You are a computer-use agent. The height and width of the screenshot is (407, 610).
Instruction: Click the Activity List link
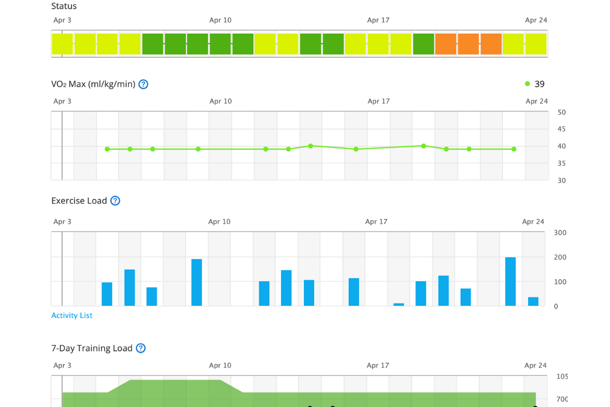coord(72,315)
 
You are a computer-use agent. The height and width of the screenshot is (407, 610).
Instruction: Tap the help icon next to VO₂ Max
coord(143,84)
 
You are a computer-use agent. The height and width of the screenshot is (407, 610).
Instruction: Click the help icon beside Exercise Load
coord(115,201)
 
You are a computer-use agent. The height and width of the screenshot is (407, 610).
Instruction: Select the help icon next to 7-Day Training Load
coord(141,348)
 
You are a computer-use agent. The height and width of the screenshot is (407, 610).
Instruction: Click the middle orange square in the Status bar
coord(468,44)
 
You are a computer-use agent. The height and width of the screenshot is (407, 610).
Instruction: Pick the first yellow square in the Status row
coord(62,44)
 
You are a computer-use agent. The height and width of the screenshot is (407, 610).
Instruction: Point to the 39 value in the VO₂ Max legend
coord(539,84)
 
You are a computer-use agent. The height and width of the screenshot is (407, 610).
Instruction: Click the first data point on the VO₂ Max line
coord(107,149)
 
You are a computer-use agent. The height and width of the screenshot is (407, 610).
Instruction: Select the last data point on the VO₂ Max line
coord(514,149)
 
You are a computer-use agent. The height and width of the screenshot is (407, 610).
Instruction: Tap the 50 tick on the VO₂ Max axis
coord(561,112)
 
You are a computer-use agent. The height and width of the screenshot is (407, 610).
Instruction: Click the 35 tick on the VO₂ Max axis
coord(561,163)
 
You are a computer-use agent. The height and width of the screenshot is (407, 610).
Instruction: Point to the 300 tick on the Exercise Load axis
coord(560,233)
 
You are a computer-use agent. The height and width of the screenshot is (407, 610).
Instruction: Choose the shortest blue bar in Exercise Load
coord(399,304)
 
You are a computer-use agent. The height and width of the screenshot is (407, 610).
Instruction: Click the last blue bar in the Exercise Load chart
coord(533,301)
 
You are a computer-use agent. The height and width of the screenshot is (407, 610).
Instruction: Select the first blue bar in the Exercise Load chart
coord(107,294)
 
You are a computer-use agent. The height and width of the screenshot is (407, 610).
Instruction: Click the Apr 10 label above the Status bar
coord(220,20)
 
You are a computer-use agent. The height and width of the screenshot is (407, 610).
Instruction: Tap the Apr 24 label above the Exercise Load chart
coord(533,222)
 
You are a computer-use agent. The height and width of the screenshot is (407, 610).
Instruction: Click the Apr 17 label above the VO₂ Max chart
coord(378,101)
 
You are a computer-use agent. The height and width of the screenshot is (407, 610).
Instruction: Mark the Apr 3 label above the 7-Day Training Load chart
coord(62,365)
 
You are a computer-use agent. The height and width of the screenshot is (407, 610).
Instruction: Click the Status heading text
coord(64,7)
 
